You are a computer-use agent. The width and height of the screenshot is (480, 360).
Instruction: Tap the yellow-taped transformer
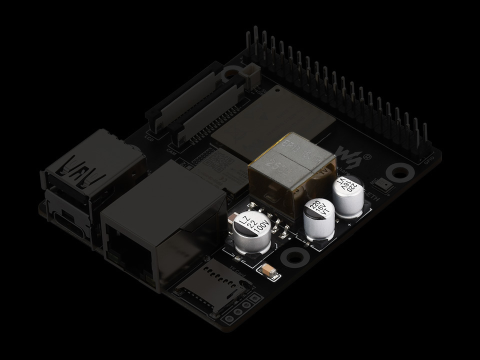click(290, 170)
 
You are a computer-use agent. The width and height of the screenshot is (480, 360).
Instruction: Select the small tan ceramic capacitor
click(269, 270)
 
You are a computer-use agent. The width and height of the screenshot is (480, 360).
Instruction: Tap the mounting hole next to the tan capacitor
click(293, 257)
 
